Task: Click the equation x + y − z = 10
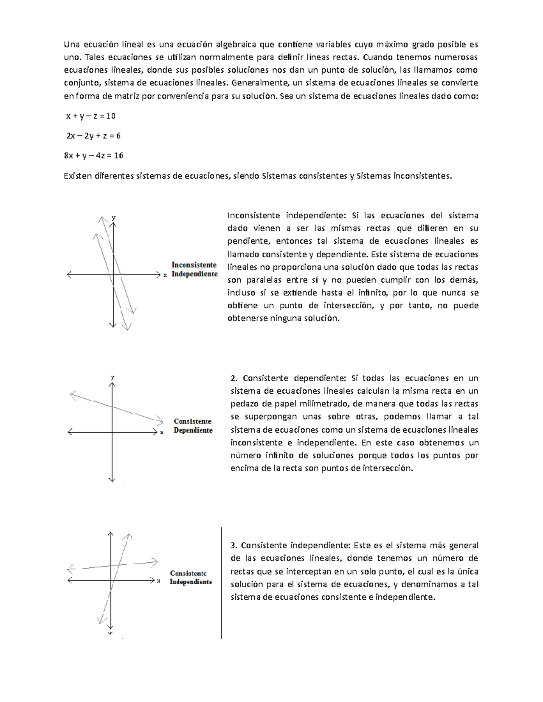click(90, 116)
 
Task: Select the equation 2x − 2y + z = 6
click(93, 136)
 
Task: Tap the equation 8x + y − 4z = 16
click(93, 155)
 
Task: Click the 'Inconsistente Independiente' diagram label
click(194, 269)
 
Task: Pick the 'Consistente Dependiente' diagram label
click(193, 426)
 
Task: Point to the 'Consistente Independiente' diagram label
click(191, 577)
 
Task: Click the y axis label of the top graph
click(114, 218)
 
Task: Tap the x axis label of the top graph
click(165, 275)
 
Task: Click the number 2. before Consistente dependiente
click(234, 378)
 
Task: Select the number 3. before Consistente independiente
click(234, 546)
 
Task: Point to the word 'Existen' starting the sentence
click(77, 176)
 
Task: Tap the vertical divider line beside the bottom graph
click(221, 583)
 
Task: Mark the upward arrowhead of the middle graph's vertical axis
click(112, 384)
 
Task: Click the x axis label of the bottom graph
click(158, 581)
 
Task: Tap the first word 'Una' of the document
click(71, 44)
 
